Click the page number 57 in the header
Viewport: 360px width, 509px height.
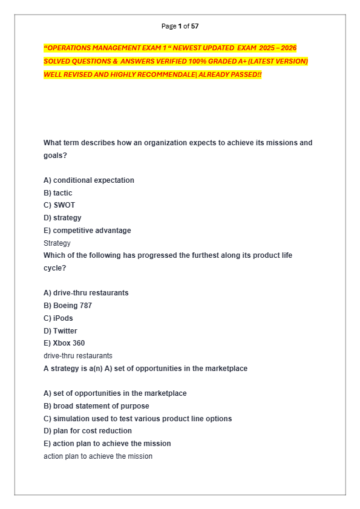(195, 26)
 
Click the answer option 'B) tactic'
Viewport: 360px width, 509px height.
(57, 193)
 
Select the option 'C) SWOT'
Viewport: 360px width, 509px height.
(59, 205)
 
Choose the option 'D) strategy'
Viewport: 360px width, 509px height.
(62, 218)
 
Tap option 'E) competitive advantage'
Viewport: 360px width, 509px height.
(87, 231)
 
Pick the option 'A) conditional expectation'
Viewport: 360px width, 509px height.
(89, 180)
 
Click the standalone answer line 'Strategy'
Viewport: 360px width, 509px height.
(57, 243)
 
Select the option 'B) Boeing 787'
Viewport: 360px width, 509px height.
(68, 306)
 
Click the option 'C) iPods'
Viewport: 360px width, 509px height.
(58, 318)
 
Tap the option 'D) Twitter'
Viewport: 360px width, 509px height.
(61, 331)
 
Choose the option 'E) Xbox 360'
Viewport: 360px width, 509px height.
(64, 343)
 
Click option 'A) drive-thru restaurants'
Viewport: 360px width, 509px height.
(86, 293)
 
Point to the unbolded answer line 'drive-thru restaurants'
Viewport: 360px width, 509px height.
(77, 356)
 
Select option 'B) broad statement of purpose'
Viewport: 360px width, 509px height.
(96, 406)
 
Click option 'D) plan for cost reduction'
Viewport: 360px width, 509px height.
(88, 431)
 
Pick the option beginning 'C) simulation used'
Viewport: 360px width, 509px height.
(137, 419)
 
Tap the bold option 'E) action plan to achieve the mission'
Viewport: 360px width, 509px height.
(107, 444)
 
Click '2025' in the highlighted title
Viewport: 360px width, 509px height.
(267, 48)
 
